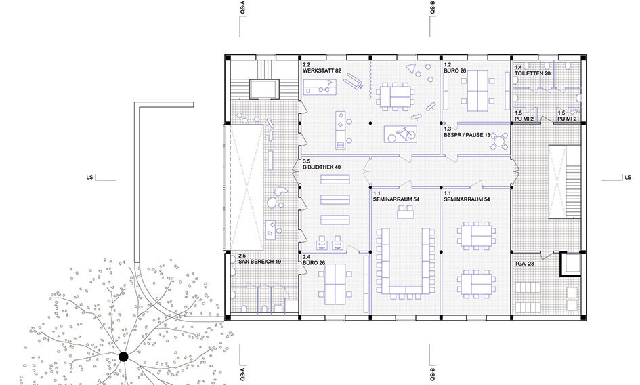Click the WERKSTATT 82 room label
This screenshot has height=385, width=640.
tap(322, 70)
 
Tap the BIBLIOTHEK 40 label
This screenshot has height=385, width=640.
tap(322, 167)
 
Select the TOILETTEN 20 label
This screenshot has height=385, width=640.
tap(532, 73)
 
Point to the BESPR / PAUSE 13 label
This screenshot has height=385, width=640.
tap(467, 135)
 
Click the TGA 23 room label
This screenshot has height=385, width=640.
tap(524, 264)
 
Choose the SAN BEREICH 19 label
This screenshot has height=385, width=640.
tap(259, 262)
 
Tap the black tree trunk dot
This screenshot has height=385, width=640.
tap(123, 357)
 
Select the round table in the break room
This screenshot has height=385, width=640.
tap(498, 142)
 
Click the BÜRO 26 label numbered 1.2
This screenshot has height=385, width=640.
tap(454, 70)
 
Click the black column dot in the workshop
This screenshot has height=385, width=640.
tap(370, 123)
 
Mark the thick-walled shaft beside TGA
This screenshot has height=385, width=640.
tap(570, 264)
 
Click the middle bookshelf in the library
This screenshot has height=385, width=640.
tap(335, 199)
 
